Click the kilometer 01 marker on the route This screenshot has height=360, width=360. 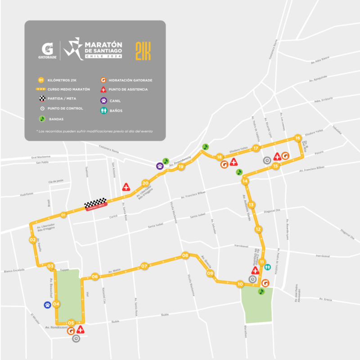(63, 215)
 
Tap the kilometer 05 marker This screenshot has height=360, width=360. (71, 323)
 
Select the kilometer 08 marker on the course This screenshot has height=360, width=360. (185, 256)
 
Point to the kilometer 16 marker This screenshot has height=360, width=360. (297, 138)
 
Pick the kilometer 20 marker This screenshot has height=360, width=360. (145, 183)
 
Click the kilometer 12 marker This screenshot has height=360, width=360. (258, 229)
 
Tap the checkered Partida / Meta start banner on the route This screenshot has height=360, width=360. (96, 204)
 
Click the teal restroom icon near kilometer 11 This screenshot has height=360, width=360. (268, 266)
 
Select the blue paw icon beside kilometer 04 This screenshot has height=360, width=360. (47, 305)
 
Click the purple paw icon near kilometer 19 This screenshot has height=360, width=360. (160, 166)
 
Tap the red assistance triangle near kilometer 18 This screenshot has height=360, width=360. (234, 162)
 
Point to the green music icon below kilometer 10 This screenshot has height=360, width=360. (261, 292)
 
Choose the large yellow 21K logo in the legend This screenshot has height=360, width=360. (143, 52)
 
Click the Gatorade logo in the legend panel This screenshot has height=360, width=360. (47, 51)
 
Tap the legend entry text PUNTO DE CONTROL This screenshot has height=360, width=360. (65, 108)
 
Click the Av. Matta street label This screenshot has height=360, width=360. (115, 271)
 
